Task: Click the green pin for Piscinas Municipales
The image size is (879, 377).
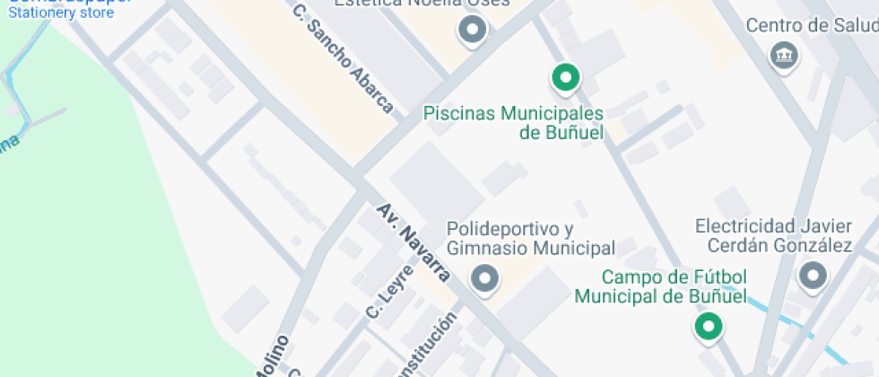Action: point(565,78)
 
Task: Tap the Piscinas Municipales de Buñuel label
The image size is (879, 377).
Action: point(513,123)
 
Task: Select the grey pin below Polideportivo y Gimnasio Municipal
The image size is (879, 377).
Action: point(485,279)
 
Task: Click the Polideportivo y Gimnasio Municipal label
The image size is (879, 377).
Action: point(531,238)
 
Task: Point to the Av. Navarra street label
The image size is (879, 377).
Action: point(413,242)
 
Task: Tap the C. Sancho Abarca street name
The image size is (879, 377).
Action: point(344,59)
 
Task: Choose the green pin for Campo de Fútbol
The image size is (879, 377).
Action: point(709,326)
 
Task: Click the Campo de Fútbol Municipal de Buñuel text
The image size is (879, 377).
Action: point(661,286)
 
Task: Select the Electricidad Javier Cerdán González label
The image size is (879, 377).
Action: point(773,234)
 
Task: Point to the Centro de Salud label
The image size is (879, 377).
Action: point(811,26)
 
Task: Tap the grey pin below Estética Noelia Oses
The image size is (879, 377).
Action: point(472,31)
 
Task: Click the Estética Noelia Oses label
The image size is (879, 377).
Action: point(422,4)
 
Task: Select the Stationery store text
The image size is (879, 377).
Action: point(61,13)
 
